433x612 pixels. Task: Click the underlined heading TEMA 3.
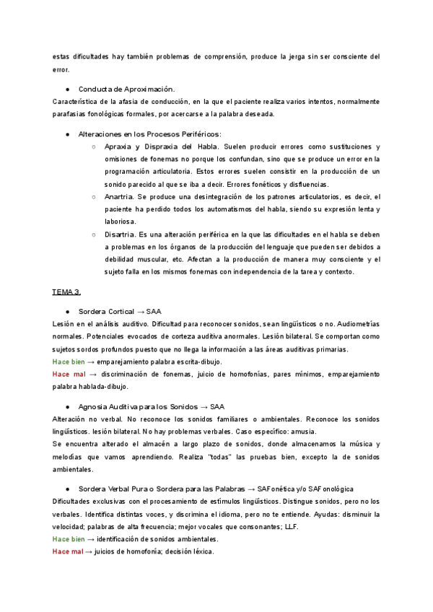tap(66, 292)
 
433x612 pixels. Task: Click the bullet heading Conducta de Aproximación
tap(126, 89)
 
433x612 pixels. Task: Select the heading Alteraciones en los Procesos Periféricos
tap(149, 134)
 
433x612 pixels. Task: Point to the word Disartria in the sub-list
tap(119, 234)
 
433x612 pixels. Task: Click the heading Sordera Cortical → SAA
tap(119, 311)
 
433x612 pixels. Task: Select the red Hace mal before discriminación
tap(69, 374)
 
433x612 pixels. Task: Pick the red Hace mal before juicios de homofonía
tap(69, 551)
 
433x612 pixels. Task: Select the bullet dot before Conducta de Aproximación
tap(66, 89)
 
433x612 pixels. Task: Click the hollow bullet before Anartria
tap(95, 196)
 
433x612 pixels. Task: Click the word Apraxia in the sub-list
tap(118, 147)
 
